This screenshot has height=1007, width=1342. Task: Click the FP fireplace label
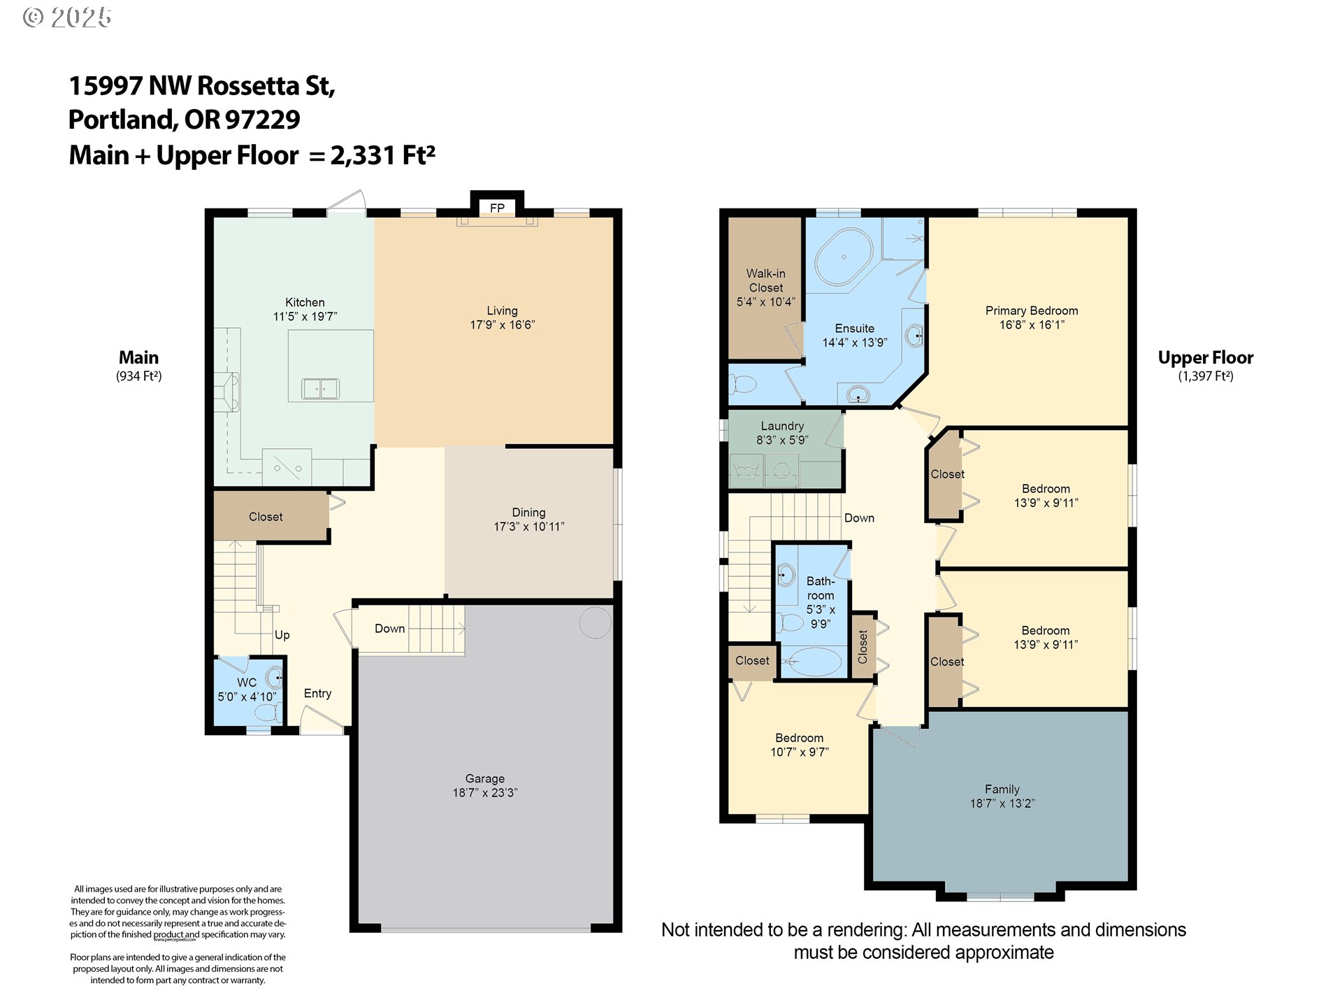497,208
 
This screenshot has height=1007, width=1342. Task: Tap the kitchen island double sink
320,388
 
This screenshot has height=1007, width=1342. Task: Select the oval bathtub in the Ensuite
844,256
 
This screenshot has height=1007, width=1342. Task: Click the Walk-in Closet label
766,280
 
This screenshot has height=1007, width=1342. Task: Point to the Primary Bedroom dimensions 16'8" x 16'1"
1032,324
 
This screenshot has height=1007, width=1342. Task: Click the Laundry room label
782,426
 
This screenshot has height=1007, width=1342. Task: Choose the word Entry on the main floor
317,694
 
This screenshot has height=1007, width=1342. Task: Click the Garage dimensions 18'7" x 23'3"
485,792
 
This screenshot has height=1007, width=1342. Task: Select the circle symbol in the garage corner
596,622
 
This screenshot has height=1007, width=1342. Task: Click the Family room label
1002,789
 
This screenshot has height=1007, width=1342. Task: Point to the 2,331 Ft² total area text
383,155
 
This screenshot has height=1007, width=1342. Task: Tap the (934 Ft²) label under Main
139,376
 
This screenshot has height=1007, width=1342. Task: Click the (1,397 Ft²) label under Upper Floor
1206,376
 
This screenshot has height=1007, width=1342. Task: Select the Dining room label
528,513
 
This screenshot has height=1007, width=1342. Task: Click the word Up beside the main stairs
282,635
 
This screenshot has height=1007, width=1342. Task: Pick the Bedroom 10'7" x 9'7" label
800,745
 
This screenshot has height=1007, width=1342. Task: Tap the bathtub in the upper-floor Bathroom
811,661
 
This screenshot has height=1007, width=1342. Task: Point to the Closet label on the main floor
266,517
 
